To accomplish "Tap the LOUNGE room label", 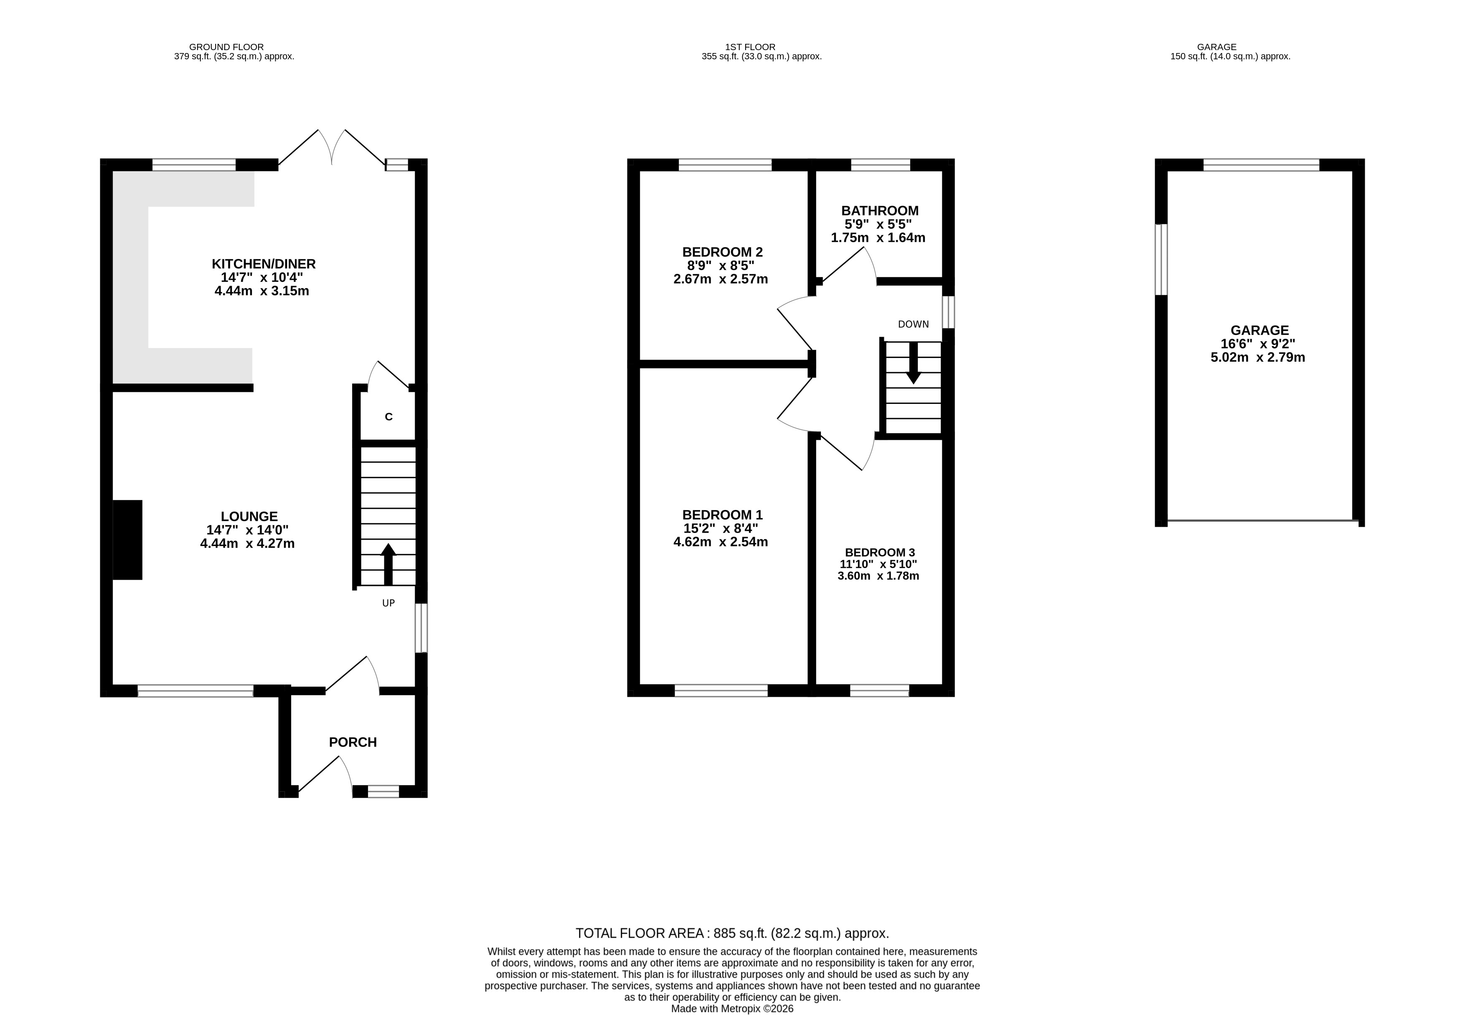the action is coord(249,517).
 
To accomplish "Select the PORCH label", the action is coord(353,742).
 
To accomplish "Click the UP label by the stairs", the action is coord(388,603).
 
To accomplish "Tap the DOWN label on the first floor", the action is coord(913,325).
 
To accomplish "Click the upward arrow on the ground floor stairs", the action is coord(388,564).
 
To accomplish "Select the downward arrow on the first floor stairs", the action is coord(913,363).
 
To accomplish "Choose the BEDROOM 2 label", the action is coord(722,252).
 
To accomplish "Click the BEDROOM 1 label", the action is coord(722,515).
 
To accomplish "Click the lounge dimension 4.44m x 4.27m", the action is coord(247,544).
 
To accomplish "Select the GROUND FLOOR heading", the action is coord(226,47).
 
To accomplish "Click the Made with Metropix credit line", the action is coord(733,1008).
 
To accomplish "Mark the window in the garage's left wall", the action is coord(1161,259).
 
